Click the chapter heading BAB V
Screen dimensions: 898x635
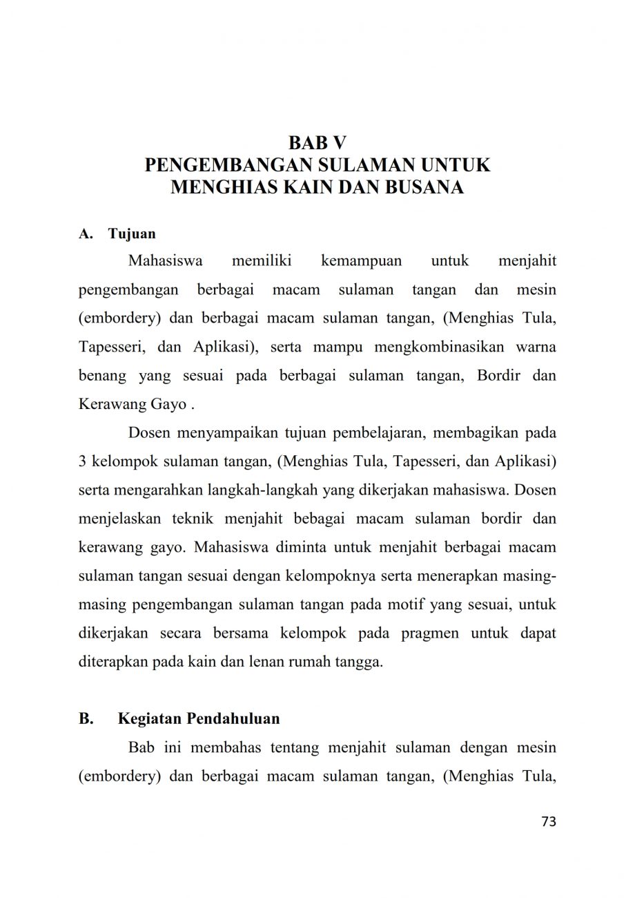coord(317,143)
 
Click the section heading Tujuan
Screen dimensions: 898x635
coord(132,233)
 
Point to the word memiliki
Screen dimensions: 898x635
coord(262,262)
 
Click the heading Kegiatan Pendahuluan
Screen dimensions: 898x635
coord(199,719)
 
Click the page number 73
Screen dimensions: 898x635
coord(548,821)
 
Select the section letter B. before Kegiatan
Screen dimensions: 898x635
coord(86,719)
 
